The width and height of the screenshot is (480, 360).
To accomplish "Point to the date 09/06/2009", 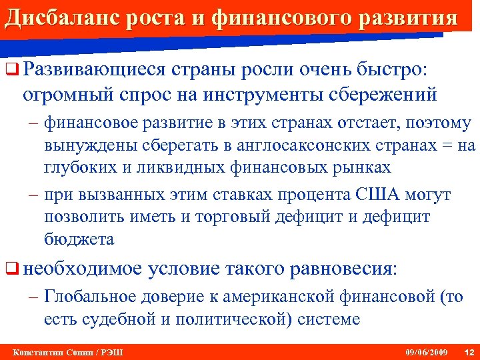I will [427, 351].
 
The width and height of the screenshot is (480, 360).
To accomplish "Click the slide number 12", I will [469, 351].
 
